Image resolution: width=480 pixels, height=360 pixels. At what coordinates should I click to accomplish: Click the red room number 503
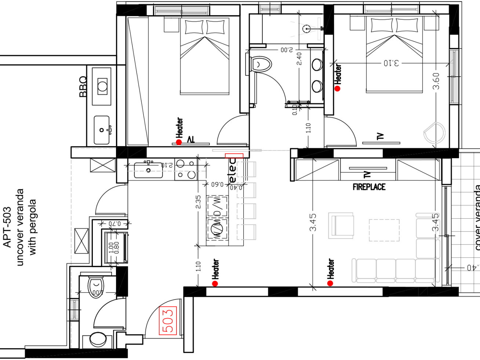pos(168,321)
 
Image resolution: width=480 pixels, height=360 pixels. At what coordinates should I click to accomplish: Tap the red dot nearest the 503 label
pos(215,283)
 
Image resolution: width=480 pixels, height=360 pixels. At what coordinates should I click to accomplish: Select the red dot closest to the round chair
pos(337,88)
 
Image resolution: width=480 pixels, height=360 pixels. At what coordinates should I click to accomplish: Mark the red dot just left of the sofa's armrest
pos(330,283)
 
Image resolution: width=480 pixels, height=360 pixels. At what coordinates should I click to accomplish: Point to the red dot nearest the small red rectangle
pos(179,142)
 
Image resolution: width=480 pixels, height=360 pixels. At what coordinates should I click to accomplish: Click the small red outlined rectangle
pos(234,156)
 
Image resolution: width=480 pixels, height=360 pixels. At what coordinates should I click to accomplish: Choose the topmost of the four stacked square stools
pos(246,170)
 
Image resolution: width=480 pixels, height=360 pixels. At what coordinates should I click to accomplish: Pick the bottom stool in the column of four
pos(246,232)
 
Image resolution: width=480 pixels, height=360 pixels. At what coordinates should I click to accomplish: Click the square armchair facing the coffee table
pos(341,225)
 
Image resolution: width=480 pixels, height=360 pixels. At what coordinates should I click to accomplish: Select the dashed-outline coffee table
pos(384,230)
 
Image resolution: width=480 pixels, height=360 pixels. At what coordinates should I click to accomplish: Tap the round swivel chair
pos(434,132)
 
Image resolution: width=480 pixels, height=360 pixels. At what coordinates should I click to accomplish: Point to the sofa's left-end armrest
pos(354,270)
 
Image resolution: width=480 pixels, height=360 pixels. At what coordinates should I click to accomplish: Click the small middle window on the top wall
pos(270,9)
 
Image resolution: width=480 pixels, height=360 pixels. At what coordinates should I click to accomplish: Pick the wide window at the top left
pos(182,11)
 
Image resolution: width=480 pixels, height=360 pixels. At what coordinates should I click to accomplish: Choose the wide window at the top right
pos(391,9)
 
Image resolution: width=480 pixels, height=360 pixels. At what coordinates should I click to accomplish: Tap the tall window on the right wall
pos(454,77)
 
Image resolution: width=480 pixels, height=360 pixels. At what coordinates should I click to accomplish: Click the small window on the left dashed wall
pos(74,310)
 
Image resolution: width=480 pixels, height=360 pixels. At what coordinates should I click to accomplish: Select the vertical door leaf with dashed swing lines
pos(319,29)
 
